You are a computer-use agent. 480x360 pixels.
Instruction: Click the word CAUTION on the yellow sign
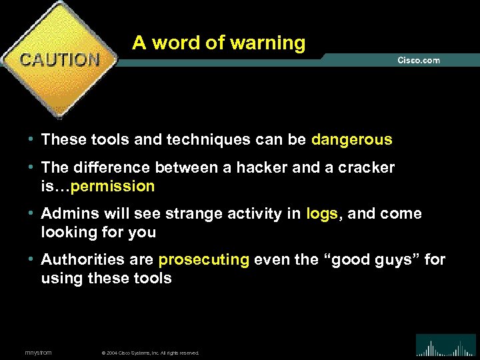(x=60, y=59)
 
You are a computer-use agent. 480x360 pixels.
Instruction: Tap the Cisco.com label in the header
(x=419, y=60)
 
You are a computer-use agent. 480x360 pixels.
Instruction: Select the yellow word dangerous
(x=351, y=140)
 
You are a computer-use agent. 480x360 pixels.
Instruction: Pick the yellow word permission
(x=113, y=187)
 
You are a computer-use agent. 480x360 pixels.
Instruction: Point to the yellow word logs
(x=322, y=213)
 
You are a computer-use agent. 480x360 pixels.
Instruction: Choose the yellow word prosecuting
(x=204, y=259)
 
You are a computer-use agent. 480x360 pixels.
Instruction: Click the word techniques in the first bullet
(x=196, y=140)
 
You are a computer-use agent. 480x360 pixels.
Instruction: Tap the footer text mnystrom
(x=38, y=352)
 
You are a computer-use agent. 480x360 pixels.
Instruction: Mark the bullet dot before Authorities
(x=31, y=260)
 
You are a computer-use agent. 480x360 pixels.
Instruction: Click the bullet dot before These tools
(x=31, y=141)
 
